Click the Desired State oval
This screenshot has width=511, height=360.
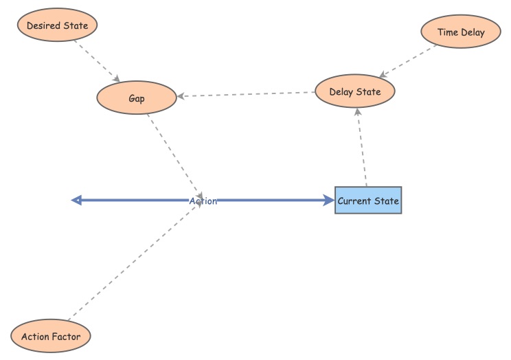(57, 26)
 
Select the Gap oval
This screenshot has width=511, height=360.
(137, 98)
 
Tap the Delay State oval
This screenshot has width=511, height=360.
(355, 92)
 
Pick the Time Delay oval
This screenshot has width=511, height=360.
(461, 32)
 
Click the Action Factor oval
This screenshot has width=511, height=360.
(51, 337)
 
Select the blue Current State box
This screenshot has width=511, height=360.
(368, 201)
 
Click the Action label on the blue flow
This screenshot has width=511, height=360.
(203, 201)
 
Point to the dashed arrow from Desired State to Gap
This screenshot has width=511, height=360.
(98, 60)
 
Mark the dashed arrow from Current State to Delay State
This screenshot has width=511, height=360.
(362, 148)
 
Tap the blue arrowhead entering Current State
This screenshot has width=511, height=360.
(328, 201)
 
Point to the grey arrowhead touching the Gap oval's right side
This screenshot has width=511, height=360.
(181, 96)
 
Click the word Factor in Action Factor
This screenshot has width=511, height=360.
(66, 337)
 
